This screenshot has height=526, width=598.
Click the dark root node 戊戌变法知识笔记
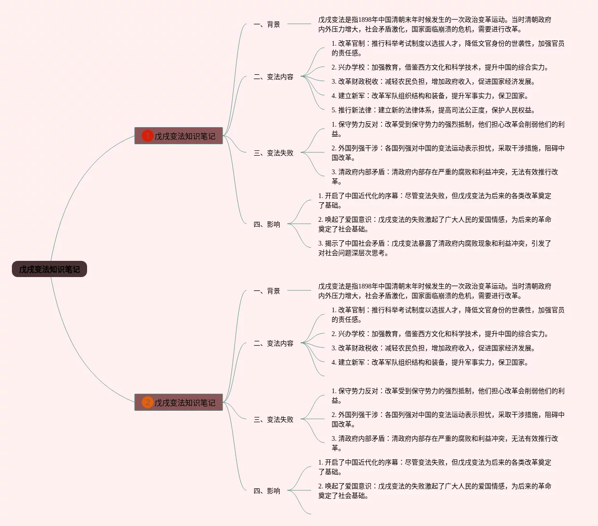pos(49,269)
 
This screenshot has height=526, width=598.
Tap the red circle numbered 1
pos(147,136)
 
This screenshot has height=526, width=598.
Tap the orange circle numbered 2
pos(147,402)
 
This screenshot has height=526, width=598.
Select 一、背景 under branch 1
pos(267,24)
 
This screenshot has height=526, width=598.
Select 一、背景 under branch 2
pos(267,291)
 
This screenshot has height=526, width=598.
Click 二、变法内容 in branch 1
pos(274,77)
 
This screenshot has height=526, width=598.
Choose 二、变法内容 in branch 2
pos(274,343)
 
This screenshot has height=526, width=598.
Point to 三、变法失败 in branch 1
pos(274,153)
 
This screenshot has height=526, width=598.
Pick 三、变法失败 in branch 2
pos(274,419)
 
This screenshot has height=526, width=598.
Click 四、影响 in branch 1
pos(267,224)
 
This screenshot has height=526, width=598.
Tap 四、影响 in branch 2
pos(267,491)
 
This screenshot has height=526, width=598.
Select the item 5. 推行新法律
pos(433,110)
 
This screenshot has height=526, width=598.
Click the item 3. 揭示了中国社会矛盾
pos(434,248)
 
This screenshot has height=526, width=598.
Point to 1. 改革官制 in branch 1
pos(447,48)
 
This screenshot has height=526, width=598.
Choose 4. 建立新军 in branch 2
pos(430,362)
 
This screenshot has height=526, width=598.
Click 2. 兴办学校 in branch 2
pos(440,334)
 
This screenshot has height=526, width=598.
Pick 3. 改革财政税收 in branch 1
pos(433,81)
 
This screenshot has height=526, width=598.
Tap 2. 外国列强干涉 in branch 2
pos(447,419)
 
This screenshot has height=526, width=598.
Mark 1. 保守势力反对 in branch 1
pos(447,129)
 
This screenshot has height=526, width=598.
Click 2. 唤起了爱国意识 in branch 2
pos(434,491)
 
